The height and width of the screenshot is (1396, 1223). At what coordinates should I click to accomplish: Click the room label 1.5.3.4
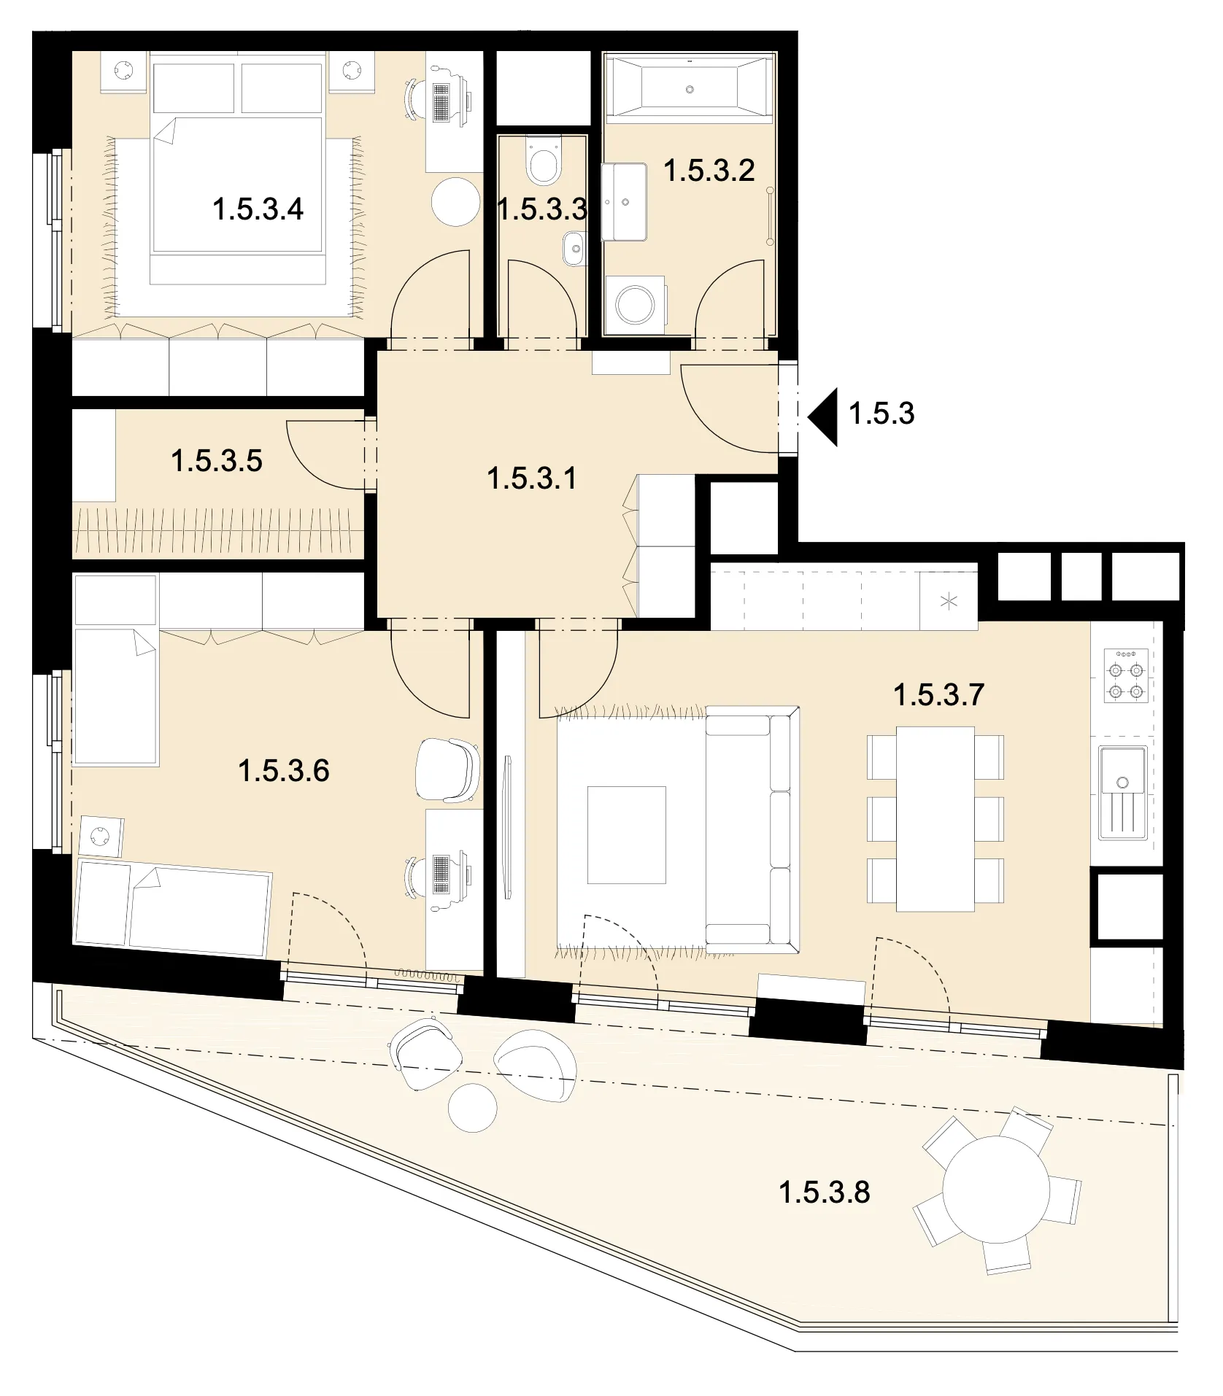coord(258,210)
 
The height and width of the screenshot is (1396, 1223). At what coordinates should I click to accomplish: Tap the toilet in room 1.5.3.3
coord(541,160)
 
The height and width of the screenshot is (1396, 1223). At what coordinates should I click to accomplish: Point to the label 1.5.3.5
coord(217,462)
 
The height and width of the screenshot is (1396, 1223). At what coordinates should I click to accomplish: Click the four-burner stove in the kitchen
coord(1126,675)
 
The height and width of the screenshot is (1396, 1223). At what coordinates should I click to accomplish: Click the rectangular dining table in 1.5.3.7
coord(935,818)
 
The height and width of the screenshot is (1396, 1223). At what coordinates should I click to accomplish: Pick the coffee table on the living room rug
coord(627,834)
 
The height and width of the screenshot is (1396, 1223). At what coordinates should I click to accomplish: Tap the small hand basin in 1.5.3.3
coord(575,249)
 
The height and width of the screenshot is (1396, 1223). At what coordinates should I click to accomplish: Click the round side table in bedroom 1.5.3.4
coord(455,201)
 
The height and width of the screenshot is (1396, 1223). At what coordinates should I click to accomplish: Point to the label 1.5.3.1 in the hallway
coord(531,479)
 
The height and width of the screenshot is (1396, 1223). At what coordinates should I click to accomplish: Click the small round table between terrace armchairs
coord(473,1108)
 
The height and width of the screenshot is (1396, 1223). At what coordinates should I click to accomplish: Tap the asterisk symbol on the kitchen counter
coord(949,602)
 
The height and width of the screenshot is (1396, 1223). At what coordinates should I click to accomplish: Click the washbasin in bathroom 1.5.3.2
coord(624,202)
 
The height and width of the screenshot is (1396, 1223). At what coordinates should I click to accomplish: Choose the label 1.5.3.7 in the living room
coord(939,695)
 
